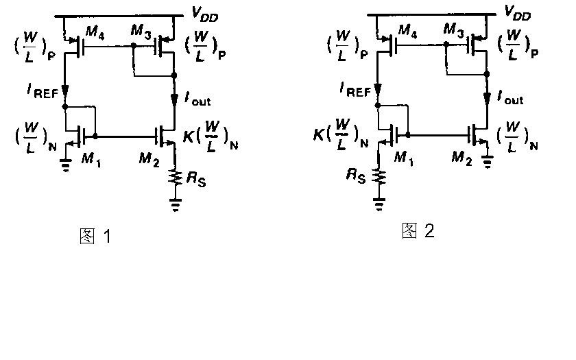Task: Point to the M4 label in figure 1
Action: [x=95, y=35]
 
